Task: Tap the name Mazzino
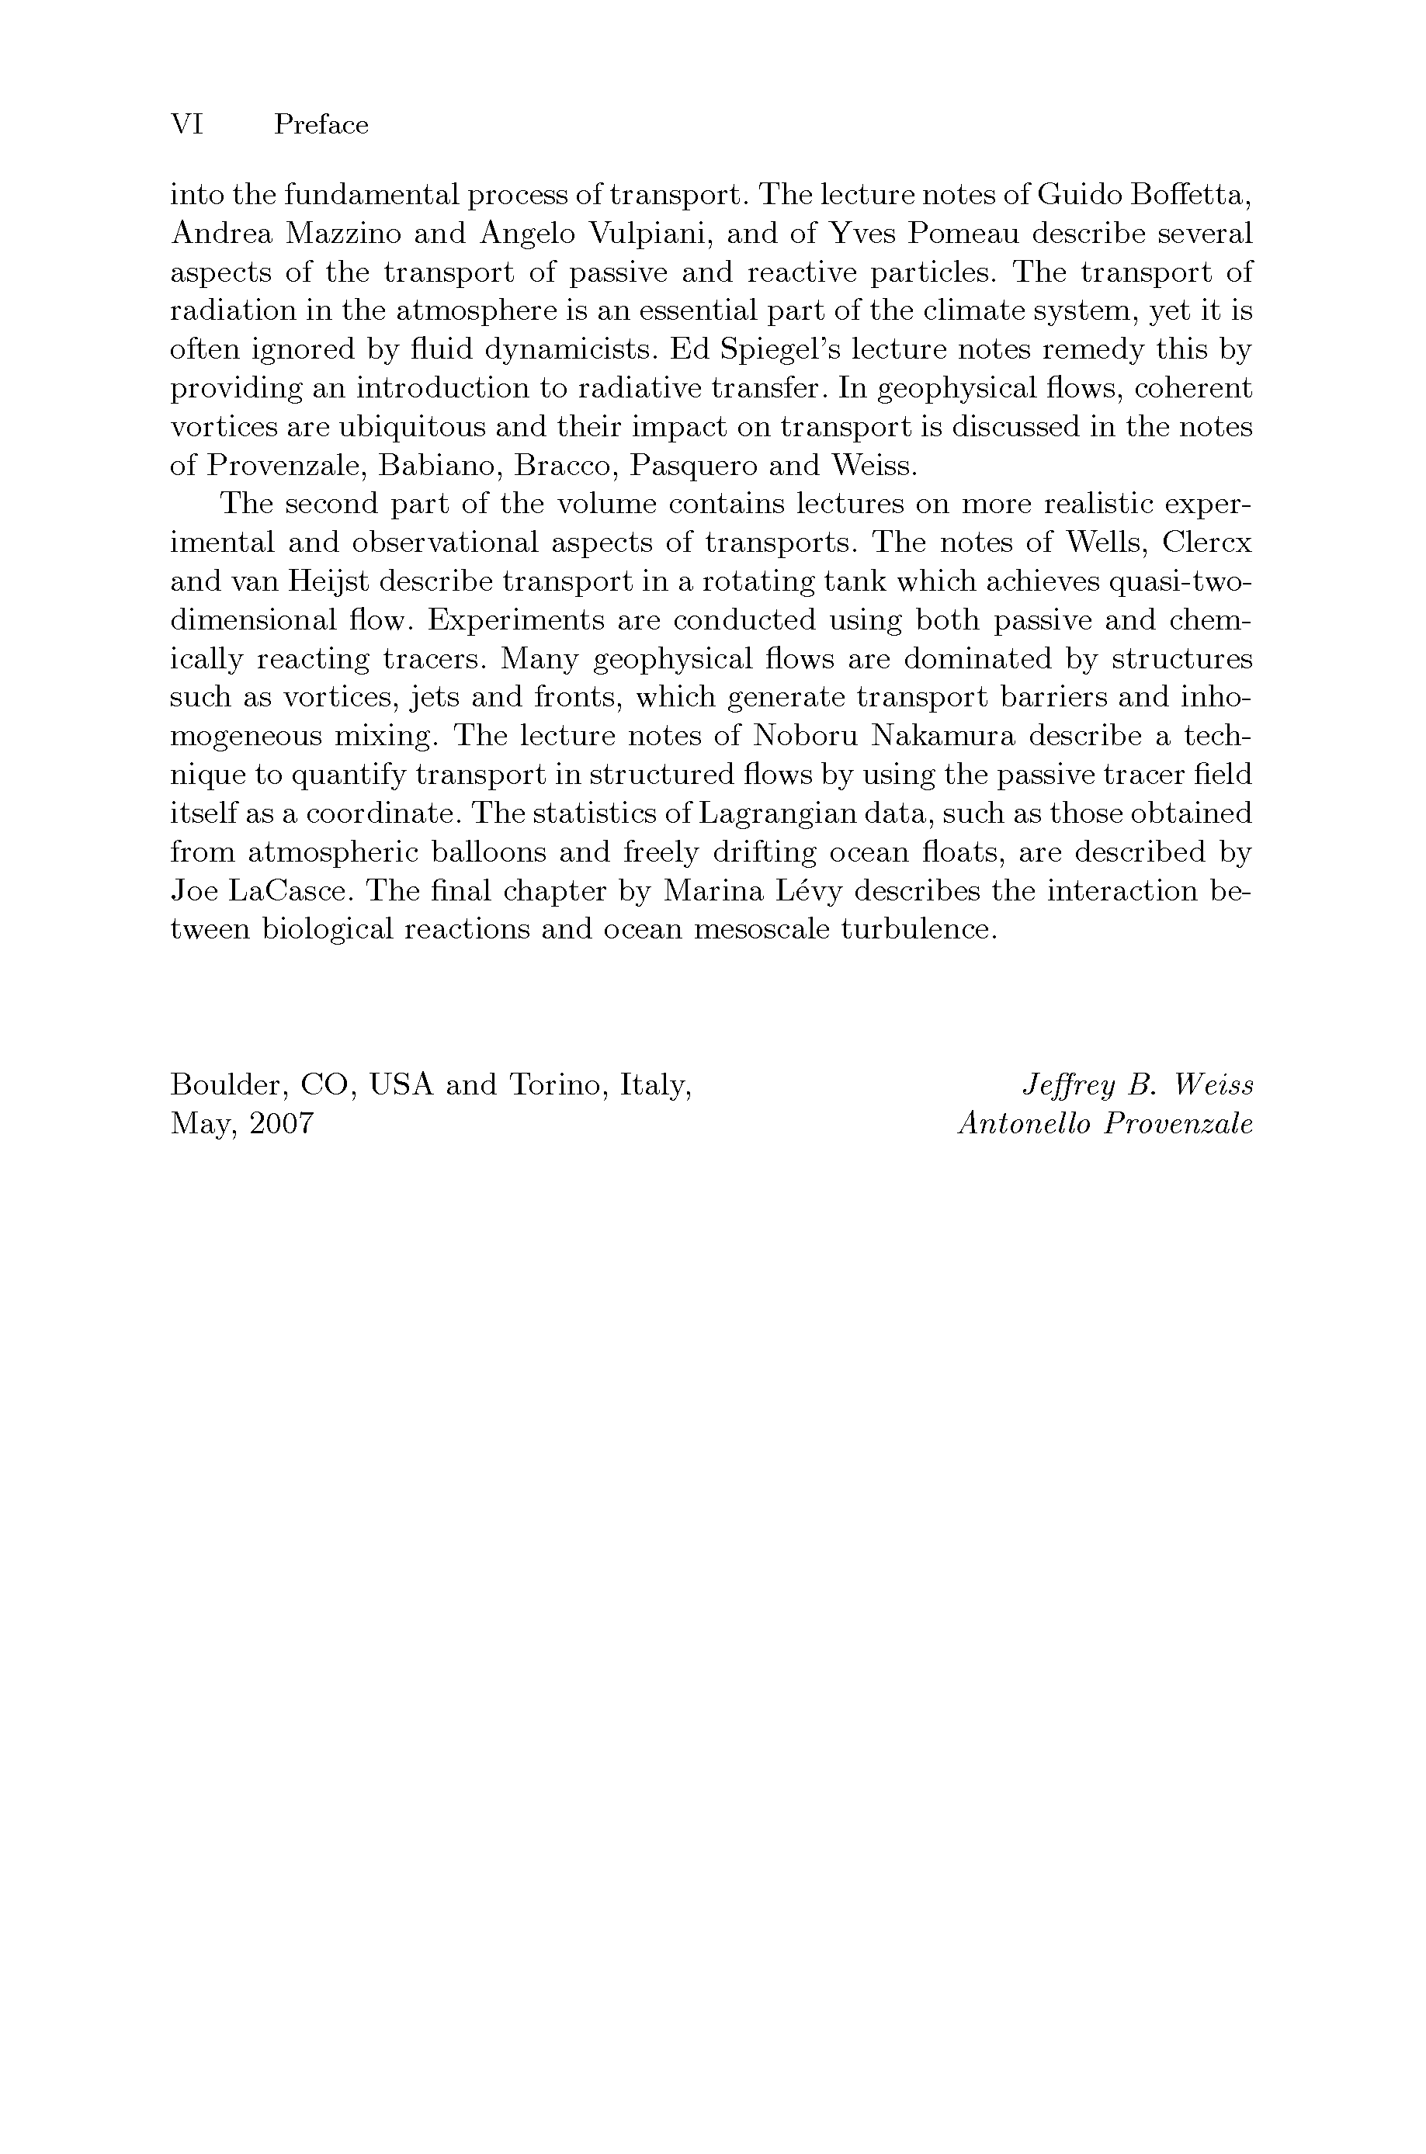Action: point(343,234)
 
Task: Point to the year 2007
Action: point(282,1124)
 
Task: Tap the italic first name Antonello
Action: point(1024,1124)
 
